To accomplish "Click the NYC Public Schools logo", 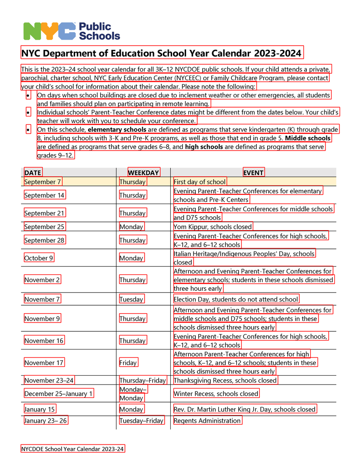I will (x=71, y=31).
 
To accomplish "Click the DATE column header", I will (x=33, y=173).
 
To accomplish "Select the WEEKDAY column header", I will (x=144, y=173).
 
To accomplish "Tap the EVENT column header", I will (x=253, y=173).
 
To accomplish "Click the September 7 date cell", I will (x=42, y=182).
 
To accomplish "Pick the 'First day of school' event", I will (x=200, y=182).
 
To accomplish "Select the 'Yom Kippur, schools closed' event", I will (x=213, y=227).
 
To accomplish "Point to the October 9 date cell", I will (x=39, y=258).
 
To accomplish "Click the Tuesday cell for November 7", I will (x=132, y=299).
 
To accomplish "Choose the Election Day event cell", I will (x=236, y=299).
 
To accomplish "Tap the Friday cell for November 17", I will (x=128, y=363).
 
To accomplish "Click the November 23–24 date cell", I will (x=49, y=380).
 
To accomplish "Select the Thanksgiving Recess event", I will (x=225, y=380).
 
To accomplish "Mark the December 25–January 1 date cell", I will (x=59, y=394).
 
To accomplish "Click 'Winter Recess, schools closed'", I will (x=216, y=394).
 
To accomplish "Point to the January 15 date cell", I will (x=40, y=409).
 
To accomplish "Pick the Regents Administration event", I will (x=208, y=421).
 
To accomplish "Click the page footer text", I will (x=73, y=449).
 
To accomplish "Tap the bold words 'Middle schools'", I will (x=308, y=138).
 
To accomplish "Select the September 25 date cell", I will (x=44, y=227).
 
